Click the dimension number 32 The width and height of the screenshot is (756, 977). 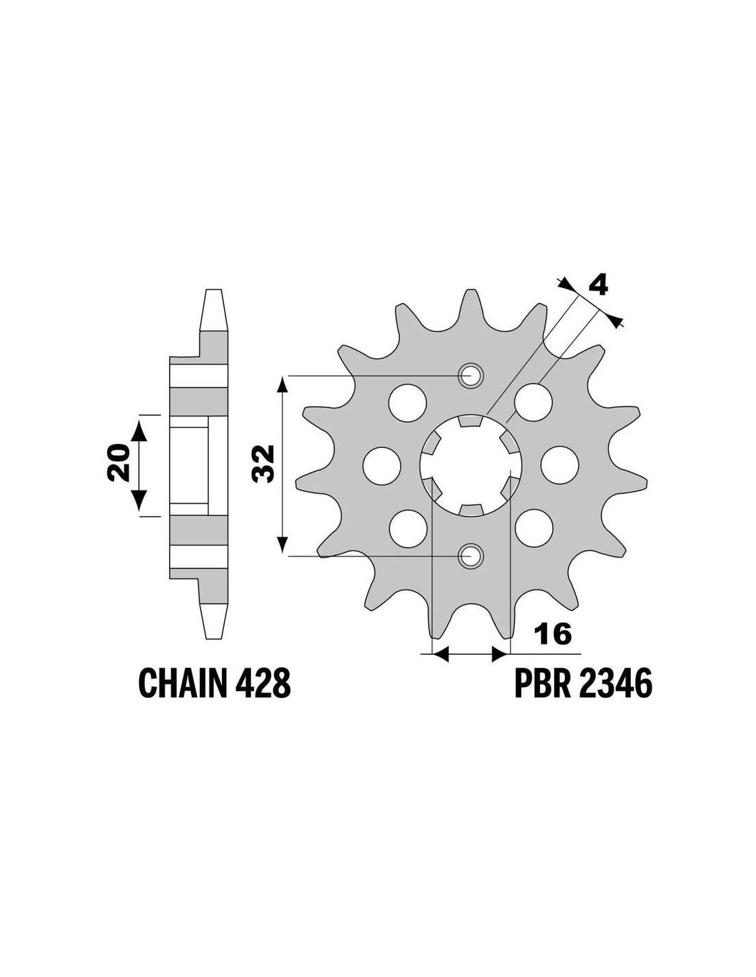[263, 464]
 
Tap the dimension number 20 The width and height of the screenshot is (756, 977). [119, 463]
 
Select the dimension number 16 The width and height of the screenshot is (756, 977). [553, 634]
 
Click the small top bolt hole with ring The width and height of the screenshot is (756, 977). [470, 375]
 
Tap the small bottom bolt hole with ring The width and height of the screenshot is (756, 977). [470, 556]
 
